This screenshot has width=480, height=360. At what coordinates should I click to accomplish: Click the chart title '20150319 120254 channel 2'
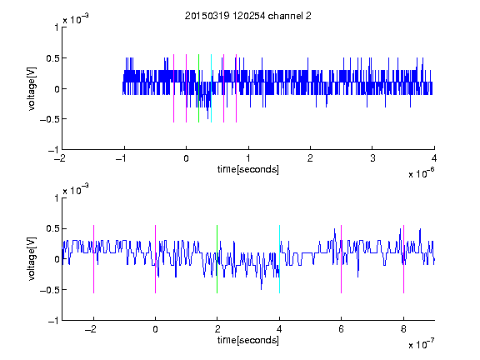(248, 16)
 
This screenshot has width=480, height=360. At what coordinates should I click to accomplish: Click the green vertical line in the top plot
(198, 88)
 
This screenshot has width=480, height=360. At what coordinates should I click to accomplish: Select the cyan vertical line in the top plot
(211, 88)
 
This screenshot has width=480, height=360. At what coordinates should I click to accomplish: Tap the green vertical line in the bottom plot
(217, 259)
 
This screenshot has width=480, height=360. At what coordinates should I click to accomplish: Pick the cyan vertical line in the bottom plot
(279, 259)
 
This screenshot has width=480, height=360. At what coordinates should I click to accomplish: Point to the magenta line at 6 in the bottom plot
(342, 259)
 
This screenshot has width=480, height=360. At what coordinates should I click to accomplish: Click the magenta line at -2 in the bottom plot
(93, 259)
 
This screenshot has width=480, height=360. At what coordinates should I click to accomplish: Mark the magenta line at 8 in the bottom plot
(404, 259)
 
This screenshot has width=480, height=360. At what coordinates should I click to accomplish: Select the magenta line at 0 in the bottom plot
(156, 259)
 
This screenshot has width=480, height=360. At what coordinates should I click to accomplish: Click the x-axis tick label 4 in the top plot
(434, 158)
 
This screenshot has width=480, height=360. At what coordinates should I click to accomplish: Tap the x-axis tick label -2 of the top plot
(60, 158)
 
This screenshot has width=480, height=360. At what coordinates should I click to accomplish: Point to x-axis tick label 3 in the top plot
(372, 158)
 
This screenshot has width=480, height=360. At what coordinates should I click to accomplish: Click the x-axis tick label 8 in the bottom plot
(403, 329)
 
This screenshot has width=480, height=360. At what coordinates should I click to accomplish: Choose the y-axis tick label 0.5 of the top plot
(52, 58)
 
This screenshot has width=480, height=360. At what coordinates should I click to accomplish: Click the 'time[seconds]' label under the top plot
(248, 169)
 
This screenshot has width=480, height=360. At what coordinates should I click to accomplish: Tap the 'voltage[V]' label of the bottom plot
(32, 259)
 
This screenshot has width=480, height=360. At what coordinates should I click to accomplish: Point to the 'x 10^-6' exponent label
(421, 173)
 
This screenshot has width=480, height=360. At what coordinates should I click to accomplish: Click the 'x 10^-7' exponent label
(421, 344)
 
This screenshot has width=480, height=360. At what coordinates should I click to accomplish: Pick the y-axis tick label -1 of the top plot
(53, 150)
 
